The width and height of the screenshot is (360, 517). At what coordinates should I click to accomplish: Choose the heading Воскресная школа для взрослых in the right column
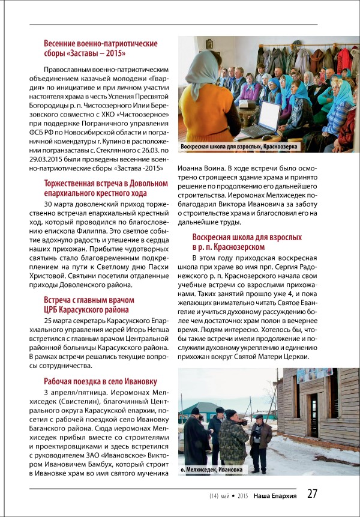pyautogui.click(x=247, y=242)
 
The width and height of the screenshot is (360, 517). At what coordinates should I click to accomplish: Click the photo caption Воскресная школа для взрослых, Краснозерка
pyautogui.click(x=238, y=147)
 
